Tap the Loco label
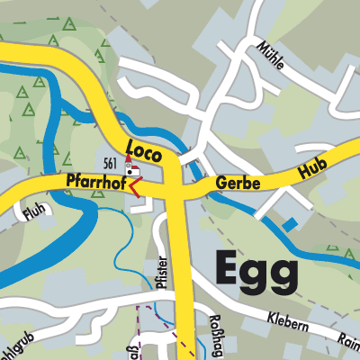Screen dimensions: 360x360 pos(143,151)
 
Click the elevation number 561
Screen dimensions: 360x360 pos(111,163)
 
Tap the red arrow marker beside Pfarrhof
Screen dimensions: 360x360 pos(135,186)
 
